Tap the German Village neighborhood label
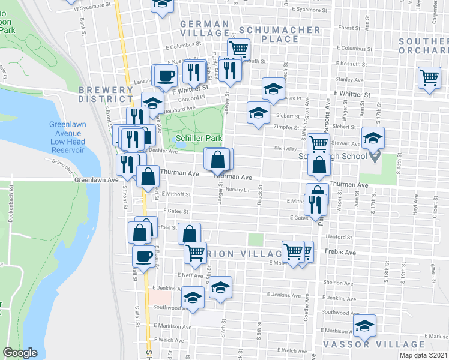pos(204,29)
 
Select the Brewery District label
pos(106,94)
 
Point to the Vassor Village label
pos(374,344)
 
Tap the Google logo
pos(20,353)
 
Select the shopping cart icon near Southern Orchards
pos(430,78)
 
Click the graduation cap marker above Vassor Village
pos(364,326)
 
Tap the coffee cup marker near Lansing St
pos(166,76)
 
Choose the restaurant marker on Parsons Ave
pos(315,205)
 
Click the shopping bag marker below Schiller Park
pos(218,159)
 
